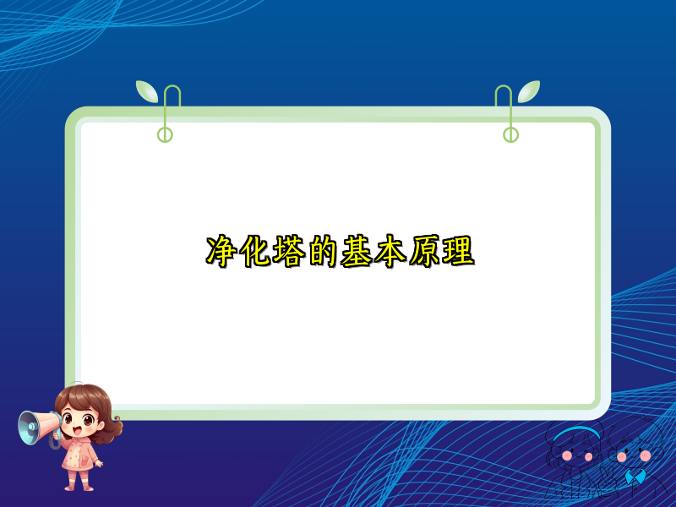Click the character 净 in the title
(x=221, y=252)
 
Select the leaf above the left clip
(x=146, y=90)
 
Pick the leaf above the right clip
(x=529, y=90)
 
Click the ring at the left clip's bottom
(x=165, y=134)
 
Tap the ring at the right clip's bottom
(x=510, y=134)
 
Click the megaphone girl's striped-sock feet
(x=79, y=483)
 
